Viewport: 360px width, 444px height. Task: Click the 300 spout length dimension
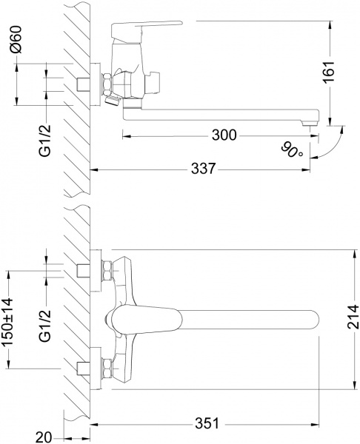click(224, 135)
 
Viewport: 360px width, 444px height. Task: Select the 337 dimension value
click(202, 169)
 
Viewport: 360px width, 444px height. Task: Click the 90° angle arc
click(333, 144)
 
